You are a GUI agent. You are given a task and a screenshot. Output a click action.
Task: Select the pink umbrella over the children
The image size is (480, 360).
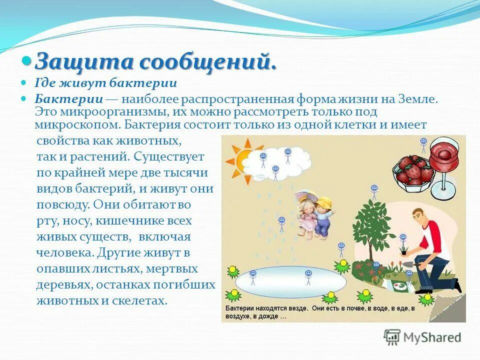tap(306, 194)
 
